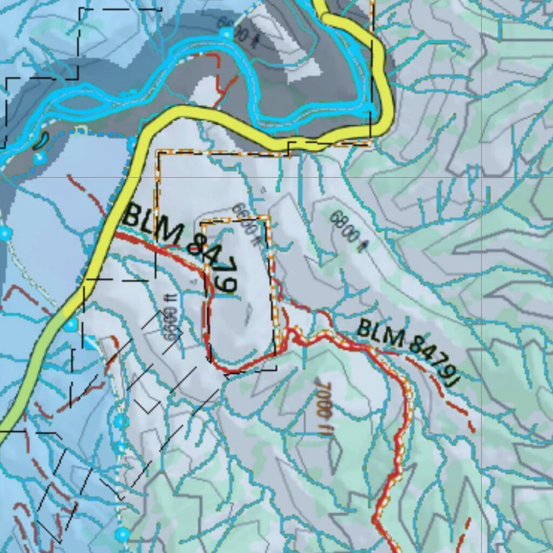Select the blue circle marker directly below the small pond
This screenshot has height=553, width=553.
click(x=39, y=159)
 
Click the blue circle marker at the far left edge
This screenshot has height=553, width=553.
click(x=5, y=233)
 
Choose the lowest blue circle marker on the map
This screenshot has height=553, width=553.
click(x=122, y=535)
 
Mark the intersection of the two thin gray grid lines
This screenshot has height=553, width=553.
click(x=482, y=177)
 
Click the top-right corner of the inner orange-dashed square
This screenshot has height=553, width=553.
click(x=269, y=217)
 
